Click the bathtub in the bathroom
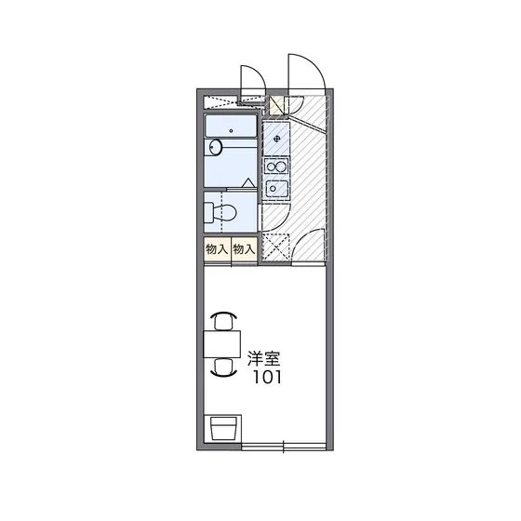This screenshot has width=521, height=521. pyautogui.click(x=231, y=126)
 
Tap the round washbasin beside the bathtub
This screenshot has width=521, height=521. pyautogui.click(x=216, y=147)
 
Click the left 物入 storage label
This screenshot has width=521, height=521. pyautogui.click(x=217, y=248)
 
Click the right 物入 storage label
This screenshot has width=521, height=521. pyautogui.click(x=244, y=248)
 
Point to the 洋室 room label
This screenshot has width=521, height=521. pyautogui.click(x=264, y=358)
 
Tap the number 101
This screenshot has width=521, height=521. pyautogui.click(x=268, y=377)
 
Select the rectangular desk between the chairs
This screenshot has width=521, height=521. pyautogui.click(x=221, y=344)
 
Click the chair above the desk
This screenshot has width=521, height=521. pyautogui.click(x=223, y=320)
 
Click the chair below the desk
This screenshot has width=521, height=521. pyautogui.click(x=223, y=367)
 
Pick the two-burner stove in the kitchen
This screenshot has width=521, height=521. pyautogui.click(x=276, y=167)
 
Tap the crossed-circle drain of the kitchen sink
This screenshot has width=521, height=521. pyautogui.click(x=277, y=139)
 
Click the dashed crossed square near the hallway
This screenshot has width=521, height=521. pyautogui.click(x=275, y=247)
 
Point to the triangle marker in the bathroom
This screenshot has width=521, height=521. pyautogui.click(x=247, y=182)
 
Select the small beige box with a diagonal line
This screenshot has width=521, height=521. pyautogui.click(x=276, y=105)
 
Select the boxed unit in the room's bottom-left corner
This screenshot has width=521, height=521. pyautogui.click(x=222, y=429)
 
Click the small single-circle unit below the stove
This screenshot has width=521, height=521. pyautogui.click(x=276, y=189)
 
